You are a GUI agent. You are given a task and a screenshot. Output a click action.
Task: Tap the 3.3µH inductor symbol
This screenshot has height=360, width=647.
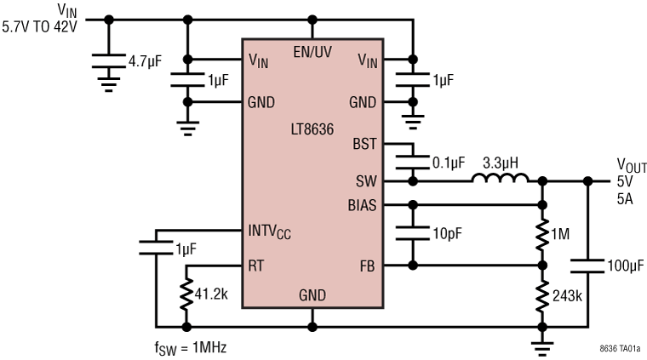[501, 180]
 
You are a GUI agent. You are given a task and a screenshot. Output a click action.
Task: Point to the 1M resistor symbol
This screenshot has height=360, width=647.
[542, 235]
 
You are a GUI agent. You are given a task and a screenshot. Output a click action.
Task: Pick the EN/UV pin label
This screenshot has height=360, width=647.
[312, 51]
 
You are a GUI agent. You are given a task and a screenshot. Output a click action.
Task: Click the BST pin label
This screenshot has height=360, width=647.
[364, 144]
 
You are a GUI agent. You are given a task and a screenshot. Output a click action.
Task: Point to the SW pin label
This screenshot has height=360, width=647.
[366, 181]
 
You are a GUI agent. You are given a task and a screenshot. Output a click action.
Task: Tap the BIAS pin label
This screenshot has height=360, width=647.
[362, 205]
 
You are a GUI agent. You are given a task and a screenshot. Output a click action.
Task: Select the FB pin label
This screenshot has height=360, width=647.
[368, 266]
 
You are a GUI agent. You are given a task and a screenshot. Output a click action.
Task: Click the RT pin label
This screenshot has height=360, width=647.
[256, 266]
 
